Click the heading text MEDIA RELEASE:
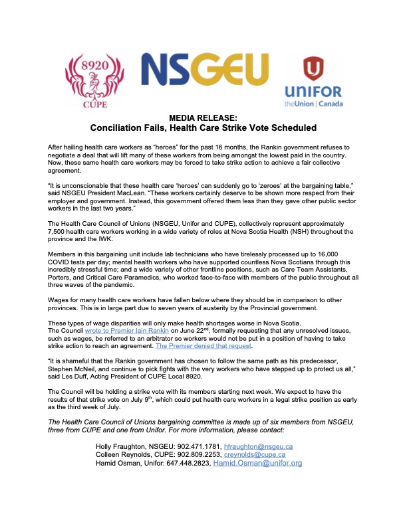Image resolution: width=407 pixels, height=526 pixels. (x=203, y=117)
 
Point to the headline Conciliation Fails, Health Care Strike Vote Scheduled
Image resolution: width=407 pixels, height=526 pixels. (x=203, y=127)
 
